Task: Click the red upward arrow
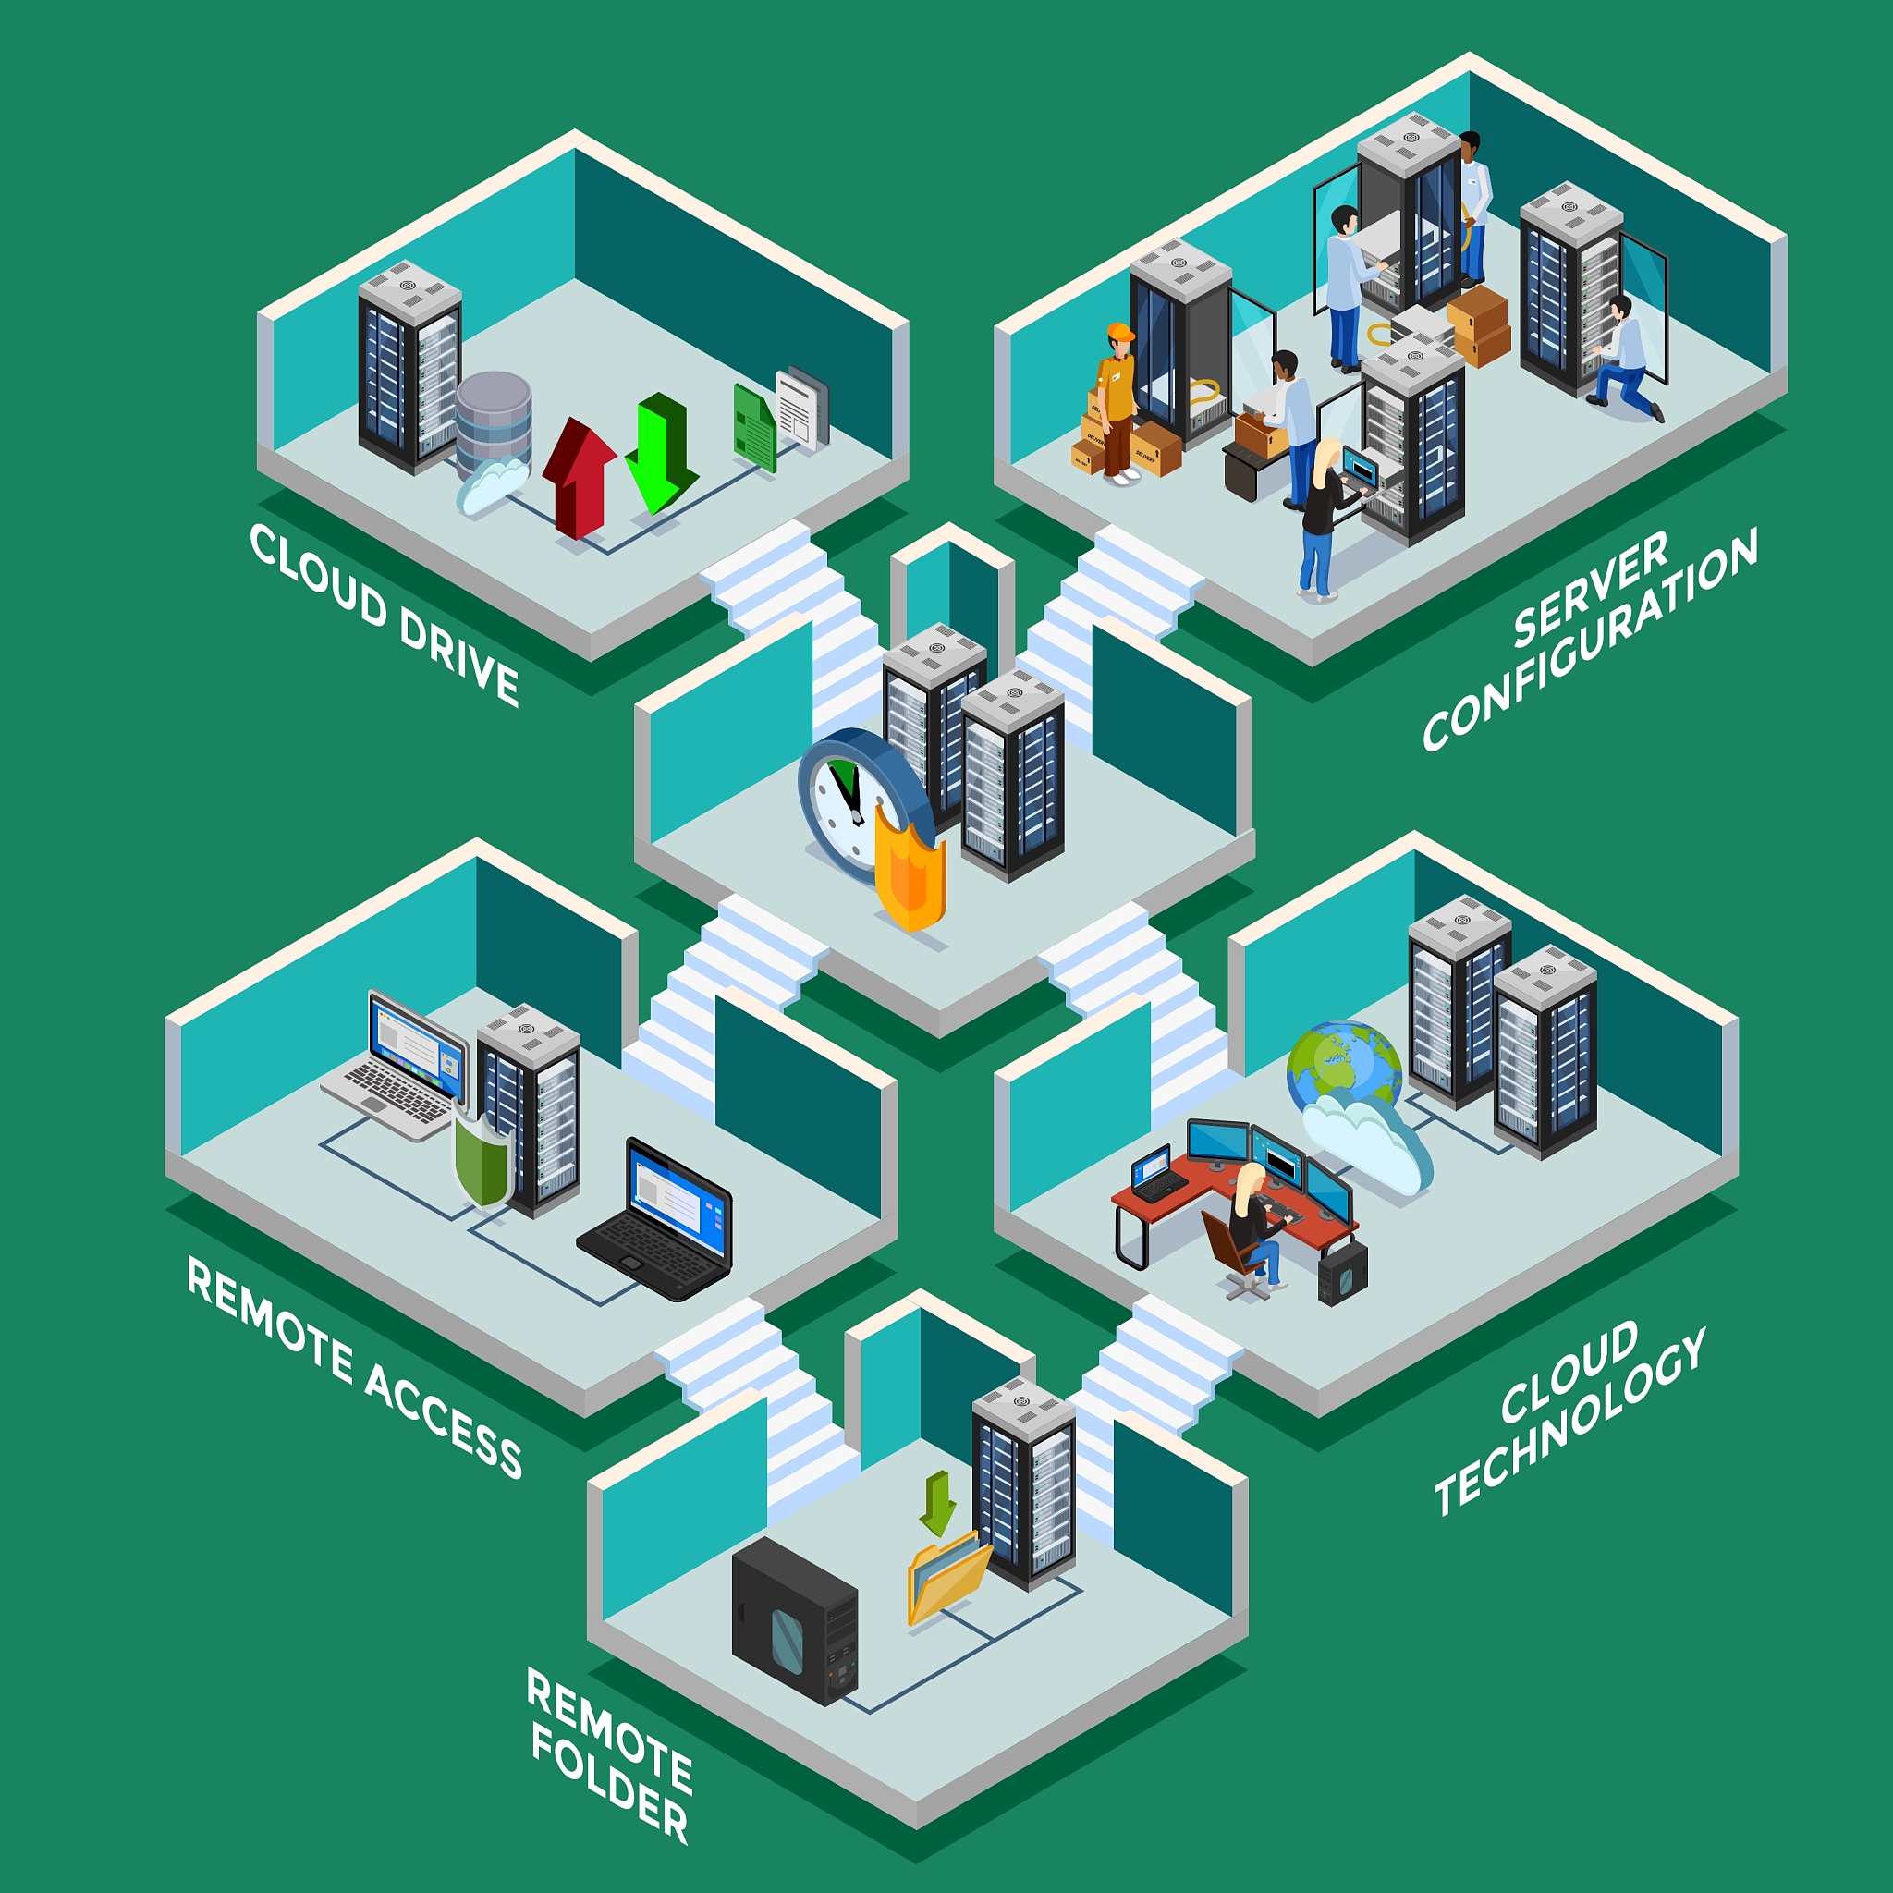point(578,477)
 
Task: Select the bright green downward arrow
point(662,453)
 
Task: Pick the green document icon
point(754,427)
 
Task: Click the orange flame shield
point(910,865)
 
